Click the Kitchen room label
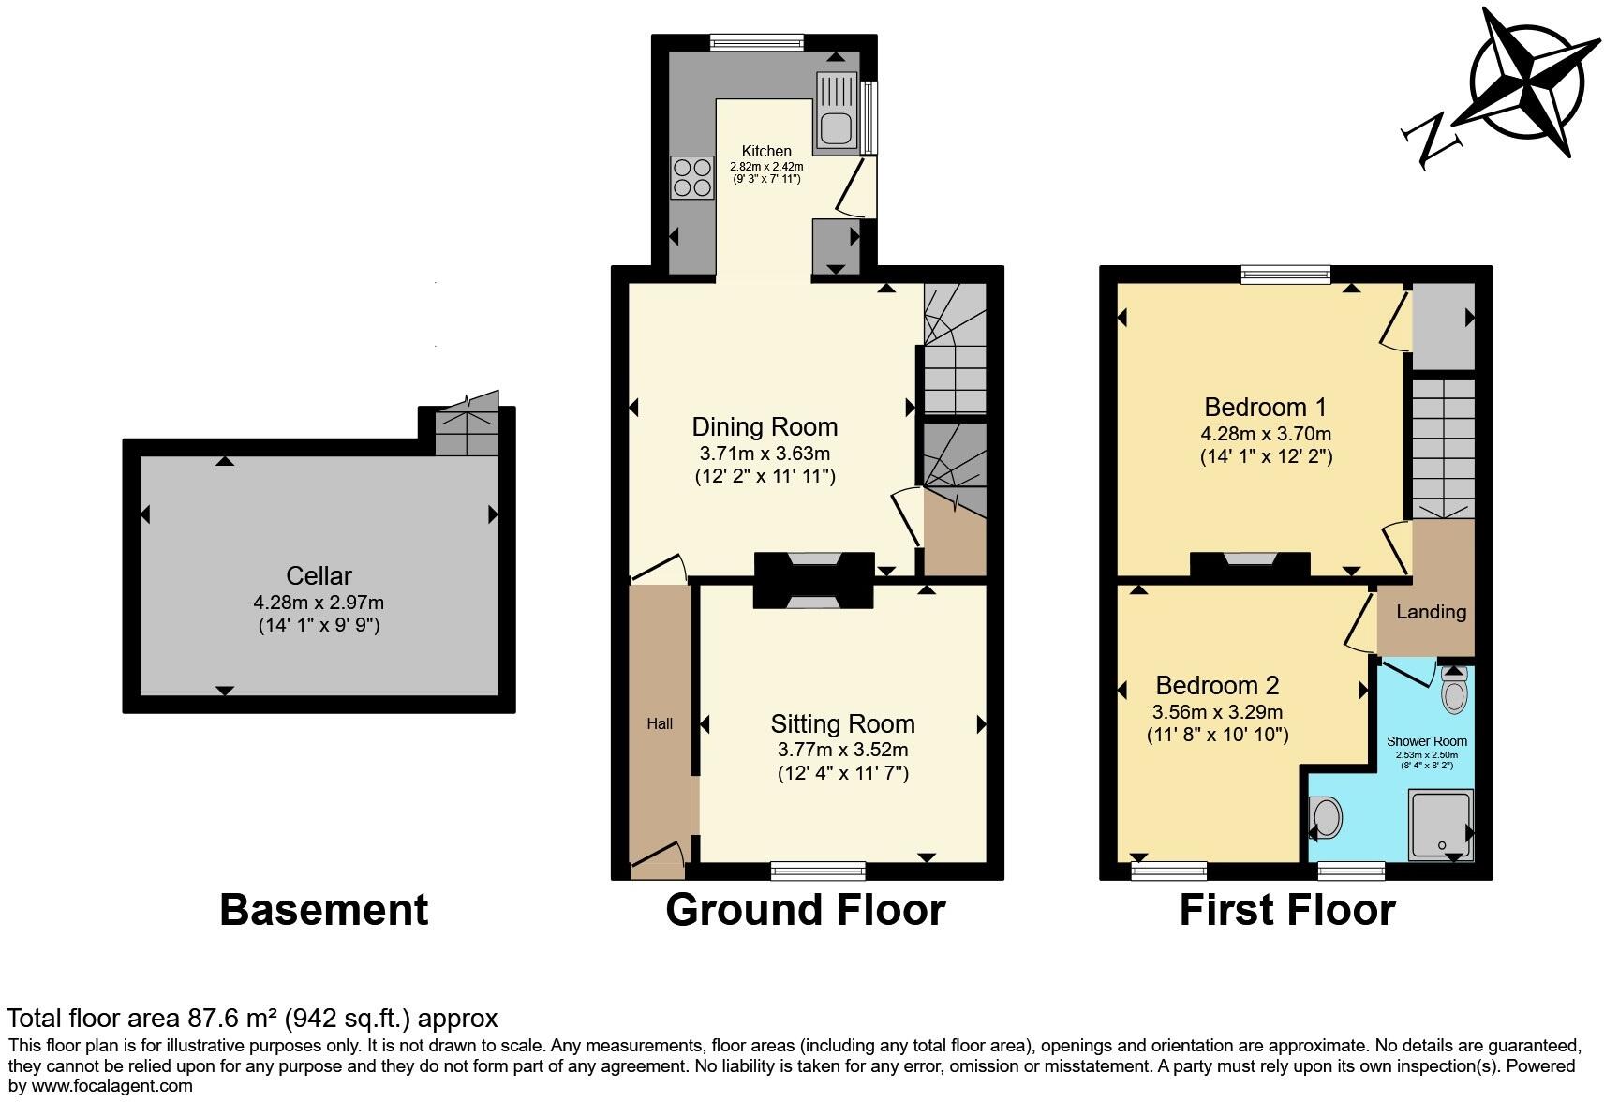pos(766,151)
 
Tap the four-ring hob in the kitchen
pos(692,178)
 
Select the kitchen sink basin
pos(836,129)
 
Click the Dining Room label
pos(764,426)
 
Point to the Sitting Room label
pos(843,724)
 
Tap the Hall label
pos(660,724)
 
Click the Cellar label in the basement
pos(319,575)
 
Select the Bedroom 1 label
pos(1265,408)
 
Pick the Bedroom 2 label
pos(1217,685)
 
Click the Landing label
pos(1432,612)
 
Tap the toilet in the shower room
pos(1454,691)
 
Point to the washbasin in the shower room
pos(1326,818)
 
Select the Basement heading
pos(323,910)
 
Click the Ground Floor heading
pos(806,910)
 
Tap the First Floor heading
pos(1287,910)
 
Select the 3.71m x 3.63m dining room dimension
pos(765,454)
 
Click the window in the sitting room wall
pos(819,871)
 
